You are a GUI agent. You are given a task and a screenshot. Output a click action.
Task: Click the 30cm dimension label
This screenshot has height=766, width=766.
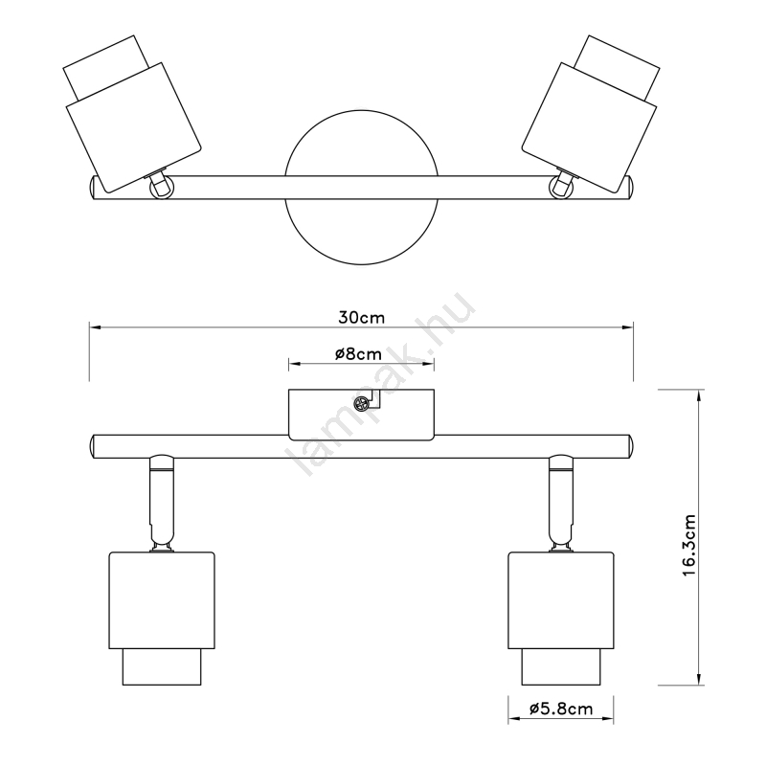[362, 318]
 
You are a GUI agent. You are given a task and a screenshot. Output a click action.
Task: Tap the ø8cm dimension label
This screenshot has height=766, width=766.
[358, 353]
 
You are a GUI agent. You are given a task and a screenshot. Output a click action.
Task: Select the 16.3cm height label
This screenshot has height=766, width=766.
[688, 545]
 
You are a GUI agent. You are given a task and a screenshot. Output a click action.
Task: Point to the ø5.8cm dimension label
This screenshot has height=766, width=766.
[561, 709]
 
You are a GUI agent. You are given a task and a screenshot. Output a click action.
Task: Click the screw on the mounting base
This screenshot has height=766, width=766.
[361, 404]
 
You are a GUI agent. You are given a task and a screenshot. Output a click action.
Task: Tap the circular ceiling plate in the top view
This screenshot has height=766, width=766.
[362, 187]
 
